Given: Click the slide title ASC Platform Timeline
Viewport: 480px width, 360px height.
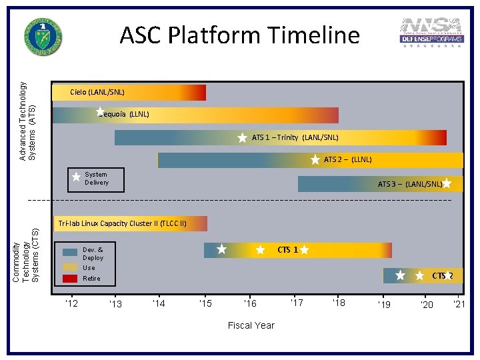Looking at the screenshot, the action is click(x=239, y=35).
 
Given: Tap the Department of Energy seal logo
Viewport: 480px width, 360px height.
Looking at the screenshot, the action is click(x=43, y=37).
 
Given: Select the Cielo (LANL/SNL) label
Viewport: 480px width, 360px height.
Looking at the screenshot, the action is click(x=97, y=92).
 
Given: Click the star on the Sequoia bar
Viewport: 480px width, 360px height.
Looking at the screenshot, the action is click(x=99, y=112).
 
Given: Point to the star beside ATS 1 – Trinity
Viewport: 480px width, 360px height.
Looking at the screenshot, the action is click(x=243, y=138).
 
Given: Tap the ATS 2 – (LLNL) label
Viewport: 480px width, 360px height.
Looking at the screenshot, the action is click(x=347, y=160).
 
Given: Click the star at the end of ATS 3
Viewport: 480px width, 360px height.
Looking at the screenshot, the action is click(x=446, y=184).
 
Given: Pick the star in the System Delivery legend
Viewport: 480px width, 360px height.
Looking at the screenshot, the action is click(x=76, y=177).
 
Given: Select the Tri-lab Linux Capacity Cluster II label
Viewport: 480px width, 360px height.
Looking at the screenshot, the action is click(x=122, y=223).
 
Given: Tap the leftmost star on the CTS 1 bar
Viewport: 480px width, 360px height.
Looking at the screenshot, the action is click(x=222, y=249).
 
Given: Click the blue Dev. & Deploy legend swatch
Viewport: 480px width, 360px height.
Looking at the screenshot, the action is click(x=70, y=253).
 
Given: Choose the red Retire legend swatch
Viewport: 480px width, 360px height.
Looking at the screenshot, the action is click(x=70, y=278).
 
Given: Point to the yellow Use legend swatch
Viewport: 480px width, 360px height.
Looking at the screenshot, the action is click(x=70, y=267).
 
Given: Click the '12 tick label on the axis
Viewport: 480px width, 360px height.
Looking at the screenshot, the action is click(x=71, y=304).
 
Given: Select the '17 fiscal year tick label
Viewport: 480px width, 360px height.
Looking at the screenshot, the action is click(x=296, y=303).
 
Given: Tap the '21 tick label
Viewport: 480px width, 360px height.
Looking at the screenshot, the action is click(x=459, y=305).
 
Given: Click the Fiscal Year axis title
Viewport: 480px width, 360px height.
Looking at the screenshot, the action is click(x=251, y=325).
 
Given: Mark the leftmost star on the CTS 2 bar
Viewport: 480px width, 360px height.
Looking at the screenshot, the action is click(x=400, y=275).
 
